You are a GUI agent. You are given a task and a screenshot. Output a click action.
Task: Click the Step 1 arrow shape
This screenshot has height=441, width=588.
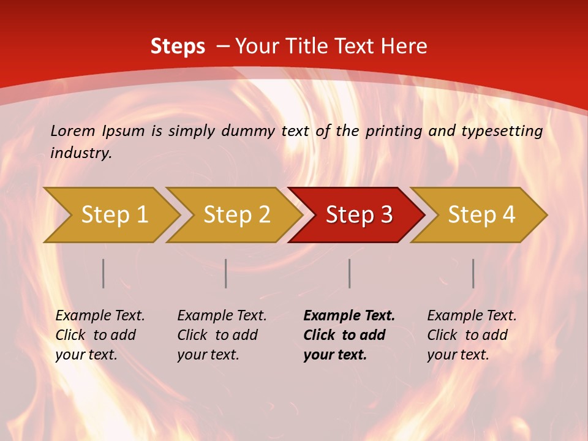tap(113, 215)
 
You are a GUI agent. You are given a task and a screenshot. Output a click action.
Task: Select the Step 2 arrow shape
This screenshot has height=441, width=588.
tap(236, 215)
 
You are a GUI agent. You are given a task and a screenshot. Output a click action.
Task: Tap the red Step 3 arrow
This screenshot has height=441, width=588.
tap(358, 215)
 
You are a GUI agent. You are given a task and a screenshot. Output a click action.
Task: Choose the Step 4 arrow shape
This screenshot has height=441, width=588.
tap(481, 215)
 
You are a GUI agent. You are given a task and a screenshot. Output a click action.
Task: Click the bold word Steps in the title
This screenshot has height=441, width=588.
tap(178, 47)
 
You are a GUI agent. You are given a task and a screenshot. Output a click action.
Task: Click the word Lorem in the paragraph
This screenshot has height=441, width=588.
tap(73, 130)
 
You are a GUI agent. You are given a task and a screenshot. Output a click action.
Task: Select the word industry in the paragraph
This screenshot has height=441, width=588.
tap(81, 153)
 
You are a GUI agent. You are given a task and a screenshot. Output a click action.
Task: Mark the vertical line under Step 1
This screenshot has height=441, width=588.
tap(104, 273)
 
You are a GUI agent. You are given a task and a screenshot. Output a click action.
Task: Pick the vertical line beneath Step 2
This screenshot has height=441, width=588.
tap(226, 273)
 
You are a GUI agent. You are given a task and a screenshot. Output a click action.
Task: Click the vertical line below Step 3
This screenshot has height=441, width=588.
tap(350, 273)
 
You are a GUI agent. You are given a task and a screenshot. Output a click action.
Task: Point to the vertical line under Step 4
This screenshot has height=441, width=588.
tap(473, 273)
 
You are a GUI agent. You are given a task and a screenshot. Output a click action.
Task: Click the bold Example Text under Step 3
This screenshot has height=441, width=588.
tap(349, 316)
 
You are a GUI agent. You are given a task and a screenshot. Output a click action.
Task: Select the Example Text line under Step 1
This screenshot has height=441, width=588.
tap(100, 316)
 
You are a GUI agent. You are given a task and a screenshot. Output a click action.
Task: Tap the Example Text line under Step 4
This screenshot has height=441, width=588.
tap(472, 316)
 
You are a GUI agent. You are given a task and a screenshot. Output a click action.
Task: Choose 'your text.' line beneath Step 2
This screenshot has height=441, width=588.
tap(208, 355)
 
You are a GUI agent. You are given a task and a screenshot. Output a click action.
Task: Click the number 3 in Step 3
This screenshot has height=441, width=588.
tap(386, 215)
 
